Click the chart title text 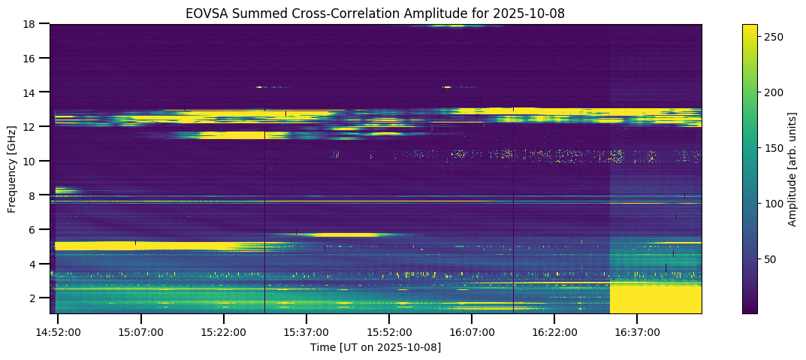click(376, 13)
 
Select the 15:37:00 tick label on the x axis click(306, 332)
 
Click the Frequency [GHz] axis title click(12, 169)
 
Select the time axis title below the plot click(376, 347)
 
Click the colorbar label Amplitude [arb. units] click(792, 169)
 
